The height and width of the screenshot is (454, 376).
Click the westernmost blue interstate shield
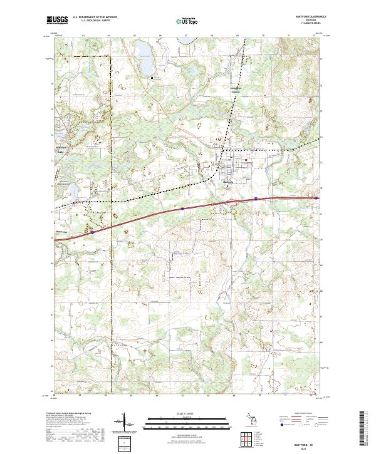92,231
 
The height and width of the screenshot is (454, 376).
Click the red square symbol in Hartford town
246,158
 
